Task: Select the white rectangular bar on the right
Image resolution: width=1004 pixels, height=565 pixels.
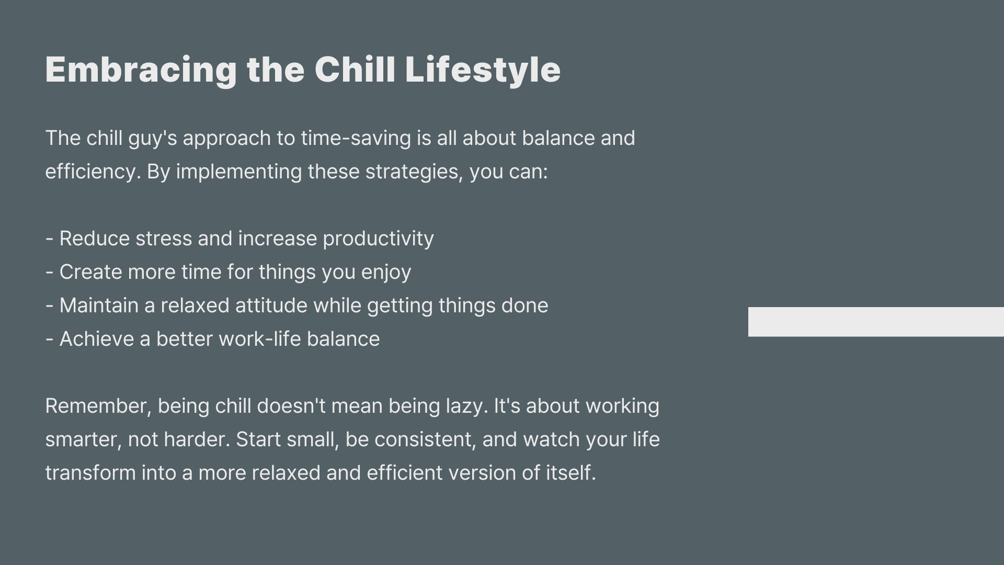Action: coord(876,322)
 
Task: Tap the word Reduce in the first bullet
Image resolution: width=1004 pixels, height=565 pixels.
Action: coord(95,239)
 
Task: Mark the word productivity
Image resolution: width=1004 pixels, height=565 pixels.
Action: coord(378,239)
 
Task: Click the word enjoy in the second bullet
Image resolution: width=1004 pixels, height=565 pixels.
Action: coord(386,273)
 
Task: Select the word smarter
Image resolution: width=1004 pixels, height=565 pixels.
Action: coord(84,440)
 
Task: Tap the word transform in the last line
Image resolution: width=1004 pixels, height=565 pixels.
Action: coord(90,473)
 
